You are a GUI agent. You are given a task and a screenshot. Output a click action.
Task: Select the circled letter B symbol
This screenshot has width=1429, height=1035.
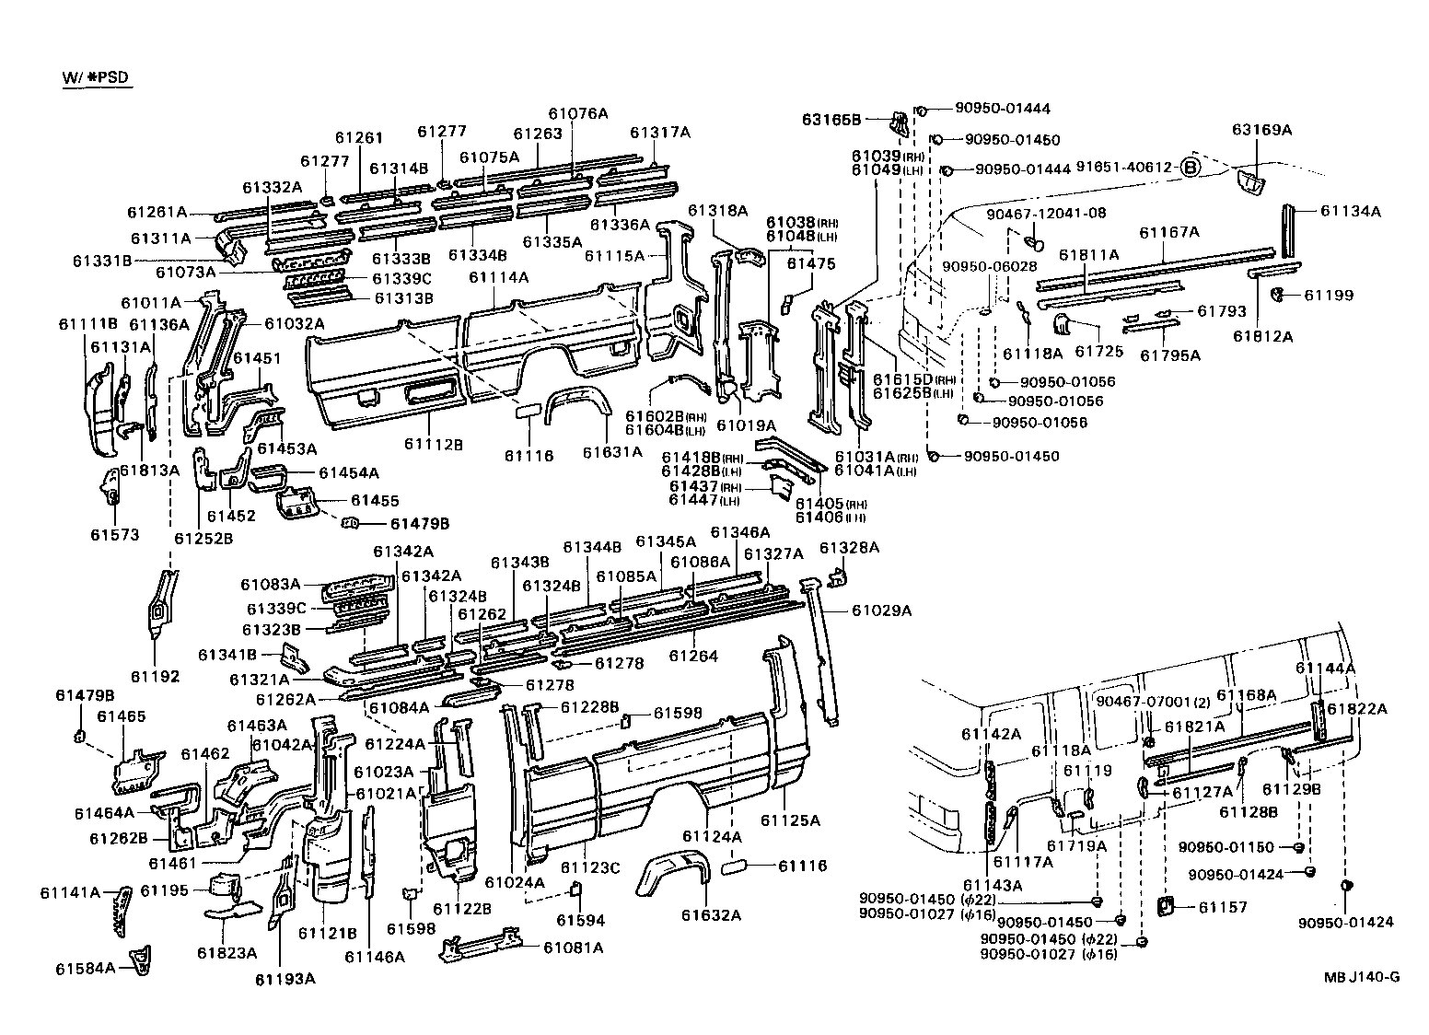1191,168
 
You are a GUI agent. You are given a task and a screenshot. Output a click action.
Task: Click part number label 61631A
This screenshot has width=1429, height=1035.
612,452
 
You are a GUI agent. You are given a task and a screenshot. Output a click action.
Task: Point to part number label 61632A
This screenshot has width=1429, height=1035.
712,914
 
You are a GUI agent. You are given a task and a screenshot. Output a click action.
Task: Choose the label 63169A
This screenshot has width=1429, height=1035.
1262,130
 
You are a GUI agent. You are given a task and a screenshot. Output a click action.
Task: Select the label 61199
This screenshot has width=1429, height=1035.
1329,296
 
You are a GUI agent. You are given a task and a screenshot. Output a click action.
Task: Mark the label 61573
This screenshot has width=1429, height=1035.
114,535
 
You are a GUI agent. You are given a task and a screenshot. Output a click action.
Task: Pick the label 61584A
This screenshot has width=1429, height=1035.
86,968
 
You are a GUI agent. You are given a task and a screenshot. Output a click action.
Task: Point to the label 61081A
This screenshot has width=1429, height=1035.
573,948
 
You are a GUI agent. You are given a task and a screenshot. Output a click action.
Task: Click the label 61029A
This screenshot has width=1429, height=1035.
881,610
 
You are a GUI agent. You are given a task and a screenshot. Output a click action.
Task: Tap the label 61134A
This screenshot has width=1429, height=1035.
1351,211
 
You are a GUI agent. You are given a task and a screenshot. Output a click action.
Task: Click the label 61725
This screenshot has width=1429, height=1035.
1094,352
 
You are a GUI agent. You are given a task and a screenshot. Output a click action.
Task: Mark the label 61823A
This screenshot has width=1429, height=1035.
226,953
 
